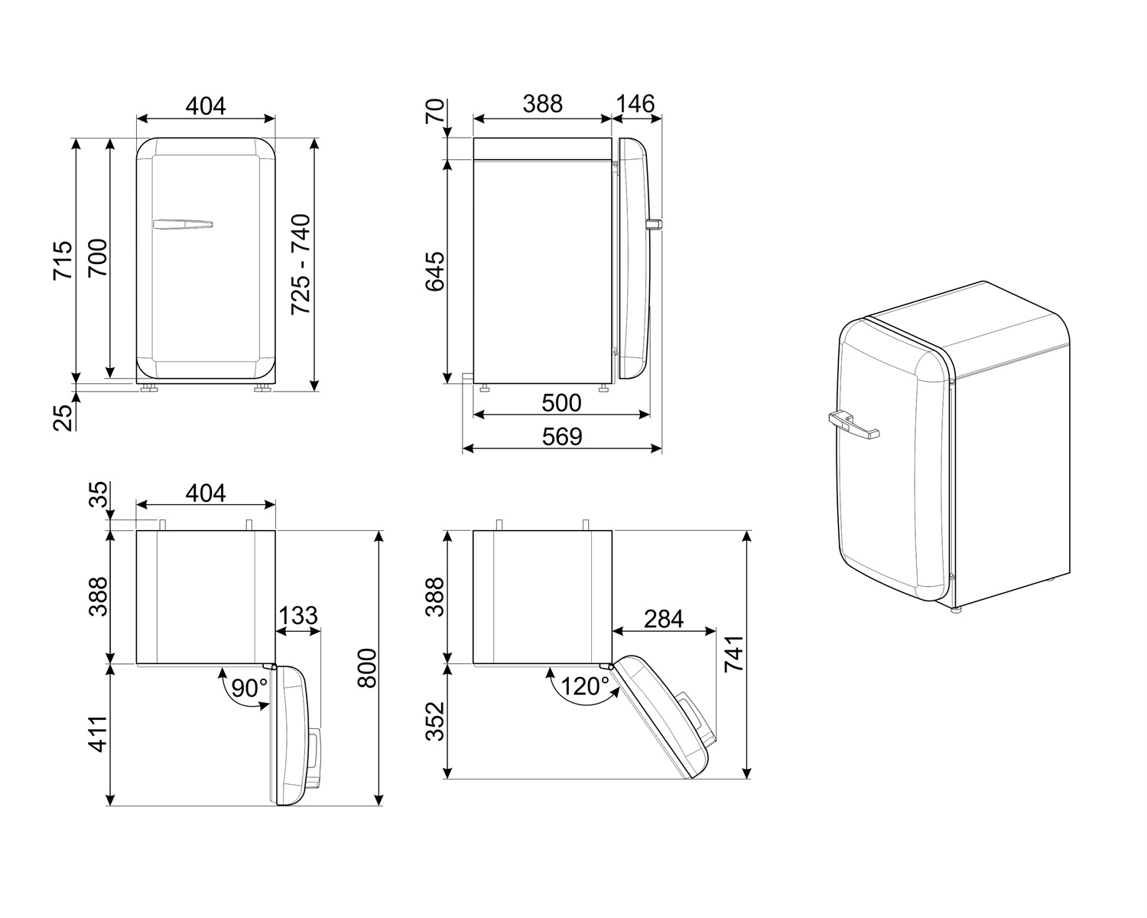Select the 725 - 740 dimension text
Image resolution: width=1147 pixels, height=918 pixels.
(301, 264)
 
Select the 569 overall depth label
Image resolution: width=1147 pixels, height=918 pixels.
(562, 436)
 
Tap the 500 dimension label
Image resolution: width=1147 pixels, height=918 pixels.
(561, 402)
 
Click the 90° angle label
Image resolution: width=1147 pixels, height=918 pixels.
(249, 688)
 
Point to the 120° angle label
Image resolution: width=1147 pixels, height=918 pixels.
(585, 686)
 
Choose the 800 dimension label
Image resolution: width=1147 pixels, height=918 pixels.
(367, 668)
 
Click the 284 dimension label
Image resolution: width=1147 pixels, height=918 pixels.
(663, 618)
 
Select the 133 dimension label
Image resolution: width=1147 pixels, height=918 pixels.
(297, 616)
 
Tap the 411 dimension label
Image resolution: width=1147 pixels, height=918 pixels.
(97, 735)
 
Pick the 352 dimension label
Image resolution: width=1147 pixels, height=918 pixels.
(434, 722)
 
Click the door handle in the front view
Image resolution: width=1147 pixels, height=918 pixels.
(182, 224)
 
